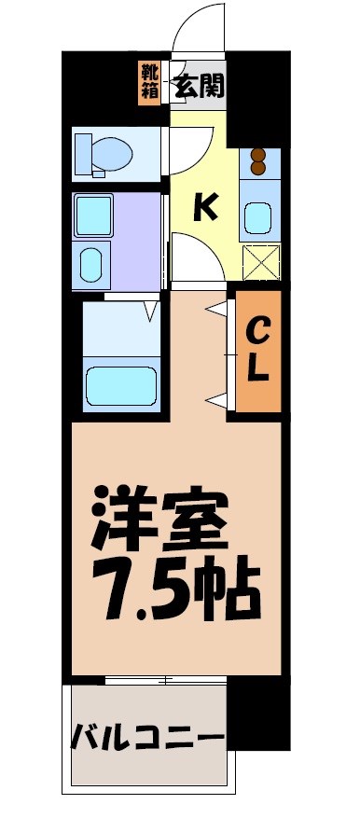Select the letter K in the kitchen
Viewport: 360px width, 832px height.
pyautogui.click(x=205, y=207)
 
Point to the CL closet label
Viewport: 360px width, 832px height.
pyautogui.click(x=258, y=350)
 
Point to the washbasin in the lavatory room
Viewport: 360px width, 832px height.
pyautogui.click(x=92, y=263)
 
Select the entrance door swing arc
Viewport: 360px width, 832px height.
pyautogui.click(x=198, y=28)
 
